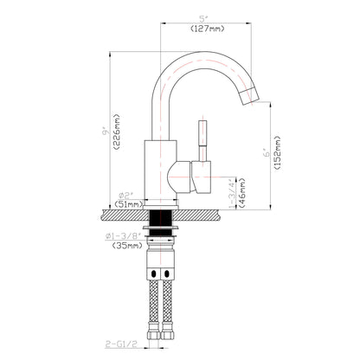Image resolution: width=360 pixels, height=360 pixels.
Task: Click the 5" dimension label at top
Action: (x=202, y=18)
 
